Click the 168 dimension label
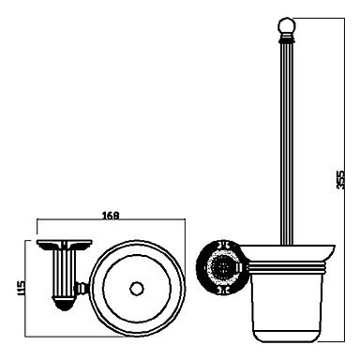coord(111,215)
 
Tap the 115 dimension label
coord(21,288)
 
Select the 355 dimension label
coord(340,179)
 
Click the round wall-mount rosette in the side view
coord(219,267)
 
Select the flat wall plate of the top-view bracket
coord(64,243)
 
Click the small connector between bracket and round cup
coord(82,288)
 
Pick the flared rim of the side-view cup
coord(288,252)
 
